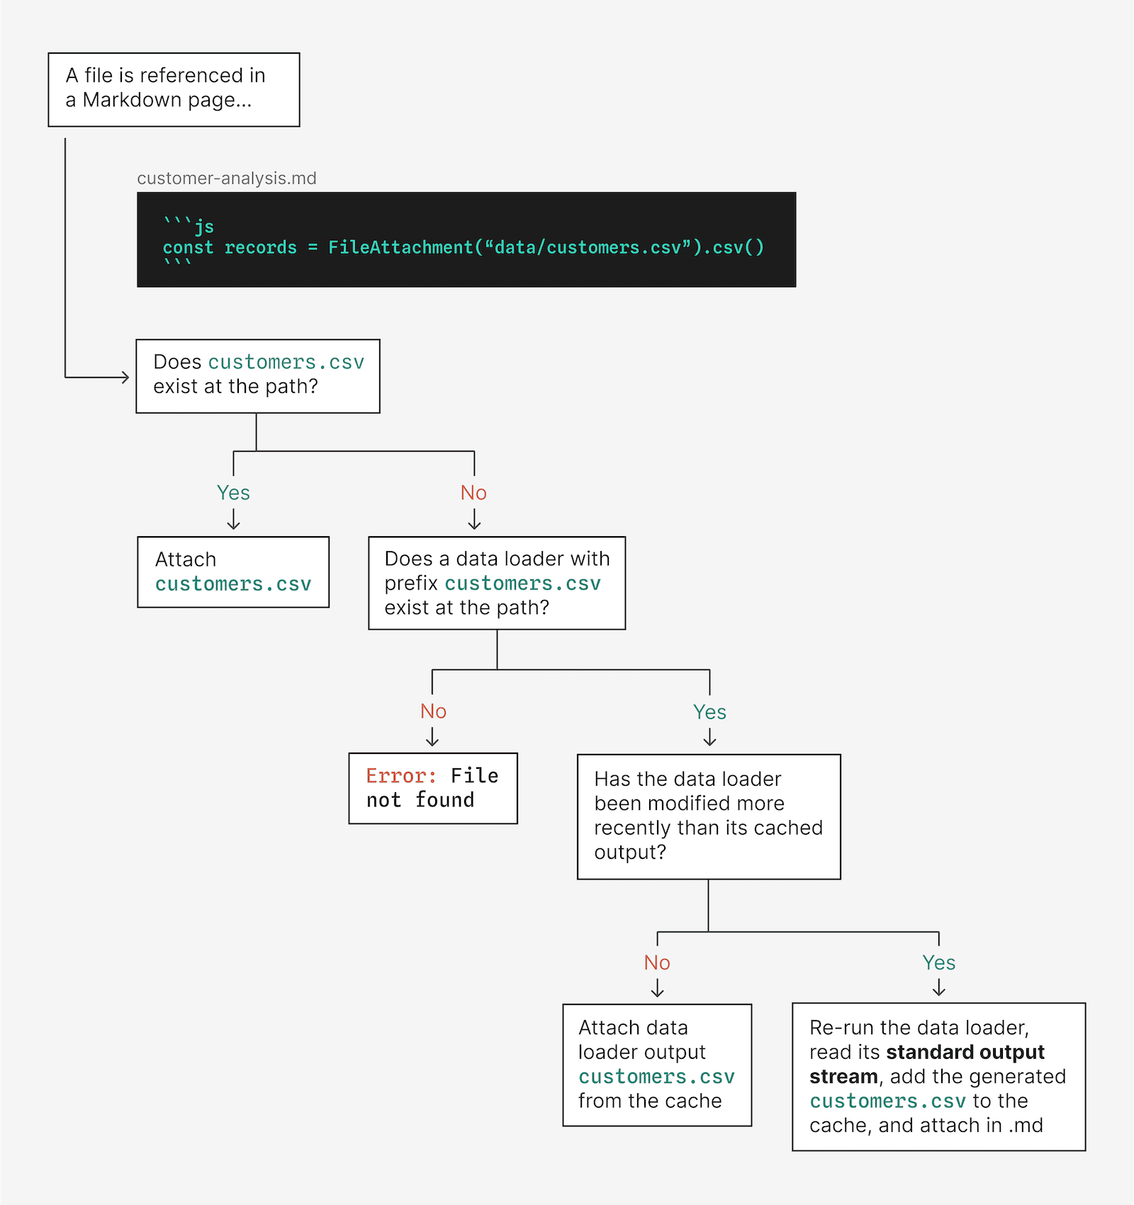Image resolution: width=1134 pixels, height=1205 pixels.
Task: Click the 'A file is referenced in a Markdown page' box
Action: [174, 89]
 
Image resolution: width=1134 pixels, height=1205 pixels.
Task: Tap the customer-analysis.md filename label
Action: [226, 178]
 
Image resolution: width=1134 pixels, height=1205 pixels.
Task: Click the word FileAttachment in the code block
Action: [400, 248]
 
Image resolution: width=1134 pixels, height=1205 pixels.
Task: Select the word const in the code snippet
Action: [188, 248]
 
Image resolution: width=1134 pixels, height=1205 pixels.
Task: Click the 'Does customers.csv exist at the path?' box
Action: [258, 376]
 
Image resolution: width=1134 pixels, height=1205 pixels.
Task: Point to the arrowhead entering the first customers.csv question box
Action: [126, 377]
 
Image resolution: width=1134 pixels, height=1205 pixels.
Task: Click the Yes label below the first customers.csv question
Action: [233, 493]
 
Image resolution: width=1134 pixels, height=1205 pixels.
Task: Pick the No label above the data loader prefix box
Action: [473, 493]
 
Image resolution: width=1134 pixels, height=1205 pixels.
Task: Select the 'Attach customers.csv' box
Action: [233, 572]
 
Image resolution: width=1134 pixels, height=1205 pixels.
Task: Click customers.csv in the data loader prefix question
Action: [522, 584]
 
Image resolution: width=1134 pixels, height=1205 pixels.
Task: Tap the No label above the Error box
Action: [433, 711]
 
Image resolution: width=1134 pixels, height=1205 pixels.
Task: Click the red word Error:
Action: [401, 776]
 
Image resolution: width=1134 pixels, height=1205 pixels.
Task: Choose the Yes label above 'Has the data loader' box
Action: [709, 712]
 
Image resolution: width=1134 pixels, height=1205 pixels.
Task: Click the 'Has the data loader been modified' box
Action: [709, 816]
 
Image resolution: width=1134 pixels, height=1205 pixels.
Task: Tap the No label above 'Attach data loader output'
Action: [657, 962]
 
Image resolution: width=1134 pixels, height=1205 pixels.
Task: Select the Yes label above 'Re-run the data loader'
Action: [938, 962]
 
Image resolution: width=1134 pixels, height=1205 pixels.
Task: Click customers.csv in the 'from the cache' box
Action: [656, 1077]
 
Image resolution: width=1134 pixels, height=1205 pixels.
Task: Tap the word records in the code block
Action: [260, 248]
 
